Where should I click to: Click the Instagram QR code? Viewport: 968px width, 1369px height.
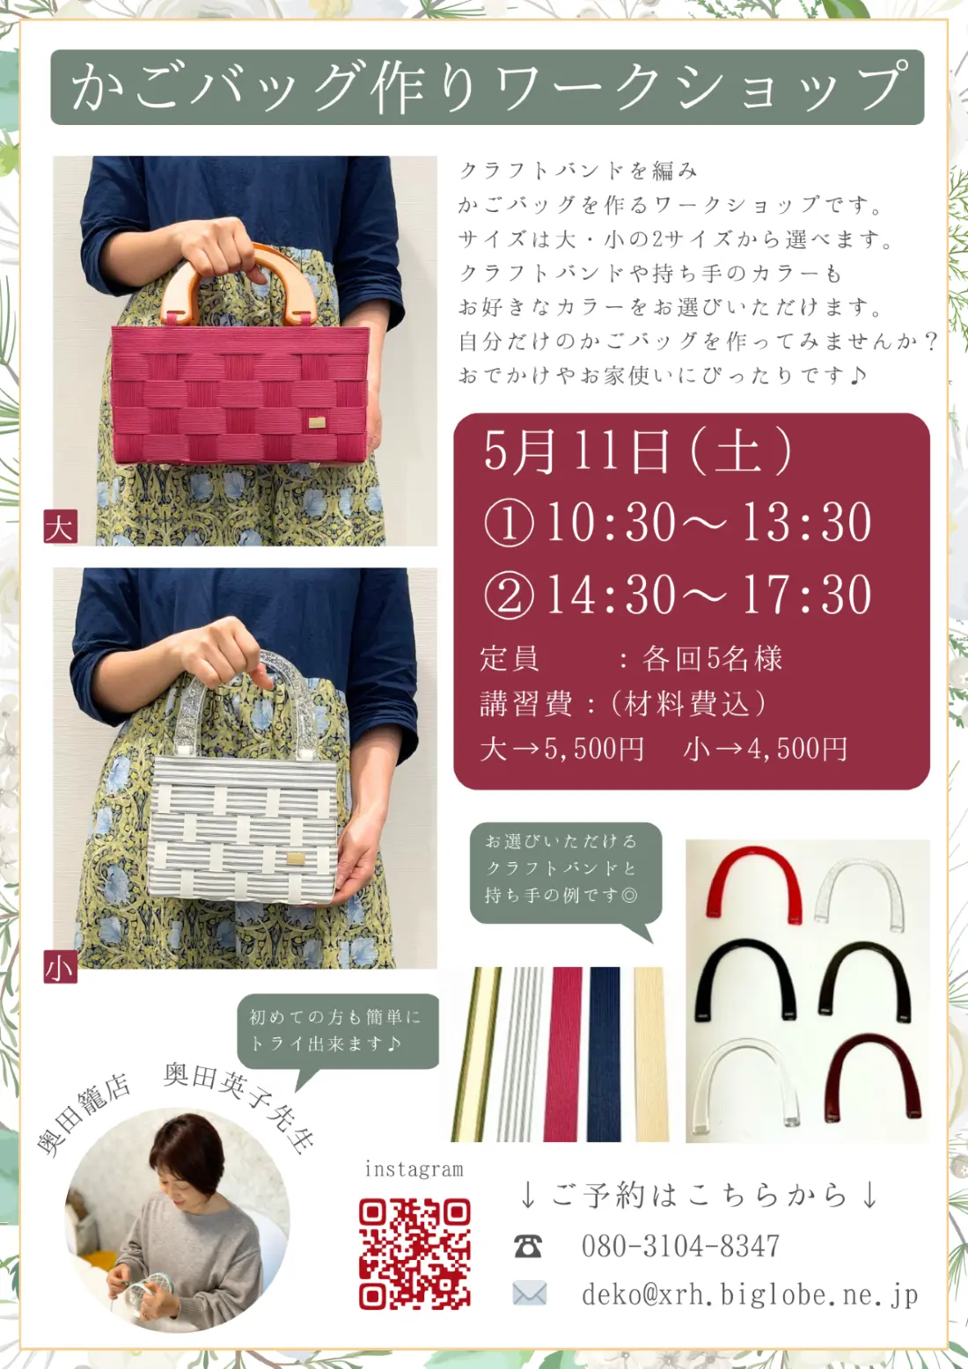(414, 1253)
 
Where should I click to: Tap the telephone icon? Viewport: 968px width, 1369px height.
(528, 1246)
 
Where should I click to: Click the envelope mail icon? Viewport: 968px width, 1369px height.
(529, 1293)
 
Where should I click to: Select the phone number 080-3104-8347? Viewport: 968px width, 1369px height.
(680, 1246)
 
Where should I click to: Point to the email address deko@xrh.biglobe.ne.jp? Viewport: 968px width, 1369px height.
(749, 1294)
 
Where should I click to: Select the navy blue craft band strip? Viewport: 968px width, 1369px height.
(605, 1053)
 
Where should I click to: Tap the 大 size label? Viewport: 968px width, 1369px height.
(61, 526)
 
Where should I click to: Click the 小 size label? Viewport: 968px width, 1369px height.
(61, 967)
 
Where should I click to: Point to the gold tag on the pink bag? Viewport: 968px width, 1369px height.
(316, 423)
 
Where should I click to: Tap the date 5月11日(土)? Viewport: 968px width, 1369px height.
(637, 451)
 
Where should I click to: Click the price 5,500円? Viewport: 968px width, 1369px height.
(593, 749)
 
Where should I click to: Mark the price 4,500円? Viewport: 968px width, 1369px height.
(797, 749)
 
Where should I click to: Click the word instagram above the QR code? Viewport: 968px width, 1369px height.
(414, 1168)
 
